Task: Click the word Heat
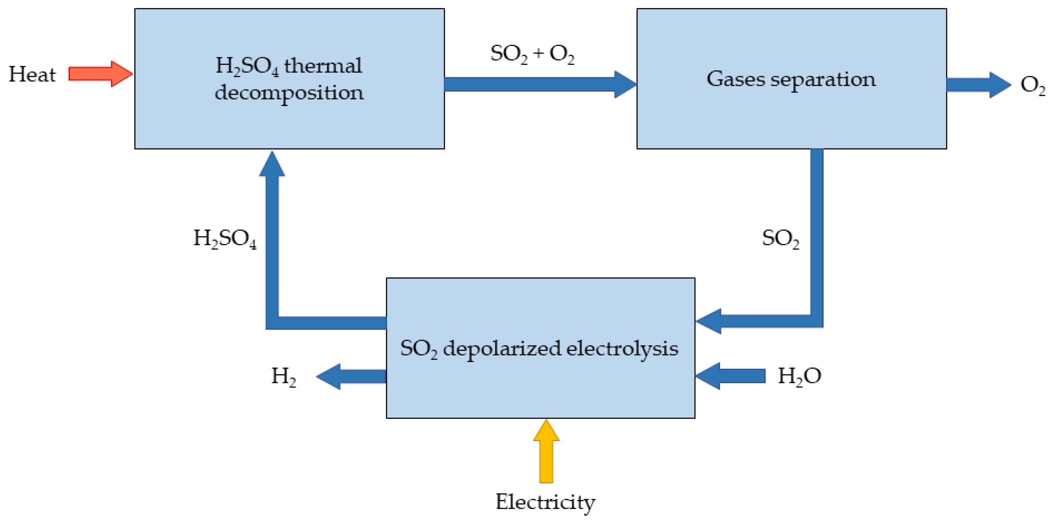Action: click(32, 75)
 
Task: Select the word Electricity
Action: click(545, 502)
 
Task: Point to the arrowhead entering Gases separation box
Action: click(625, 84)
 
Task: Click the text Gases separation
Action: click(791, 79)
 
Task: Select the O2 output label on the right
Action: click(1032, 85)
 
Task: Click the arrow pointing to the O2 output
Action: click(978, 85)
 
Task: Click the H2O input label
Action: click(799, 376)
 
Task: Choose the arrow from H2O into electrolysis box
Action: click(730, 376)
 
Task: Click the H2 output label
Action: click(283, 376)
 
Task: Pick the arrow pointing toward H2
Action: click(351, 376)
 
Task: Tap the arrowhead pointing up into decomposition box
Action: click(272, 164)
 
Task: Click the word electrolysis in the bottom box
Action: click(622, 349)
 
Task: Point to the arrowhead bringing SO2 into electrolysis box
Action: click(708, 321)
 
